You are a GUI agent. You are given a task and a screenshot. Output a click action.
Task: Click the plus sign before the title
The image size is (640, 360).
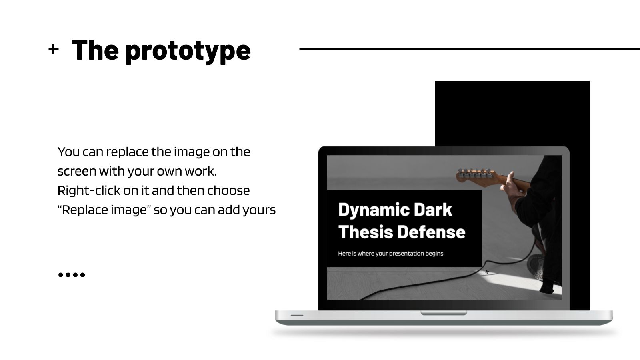coord(53,49)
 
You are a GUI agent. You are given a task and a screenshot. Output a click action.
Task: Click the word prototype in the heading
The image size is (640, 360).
coord(188,51)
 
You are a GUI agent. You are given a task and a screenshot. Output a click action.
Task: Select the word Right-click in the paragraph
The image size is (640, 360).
coord(88,190)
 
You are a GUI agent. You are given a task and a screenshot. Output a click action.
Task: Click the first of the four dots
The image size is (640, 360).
coord(61,275)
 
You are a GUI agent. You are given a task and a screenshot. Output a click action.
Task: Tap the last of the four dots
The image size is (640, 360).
coord(82,275)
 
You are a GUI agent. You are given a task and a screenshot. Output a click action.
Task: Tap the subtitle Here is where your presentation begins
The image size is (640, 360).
coord(390,253)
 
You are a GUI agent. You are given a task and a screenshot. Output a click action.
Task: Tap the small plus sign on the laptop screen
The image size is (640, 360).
coord(487,272)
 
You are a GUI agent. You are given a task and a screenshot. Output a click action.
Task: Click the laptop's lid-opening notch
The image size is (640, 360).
coord(444,313)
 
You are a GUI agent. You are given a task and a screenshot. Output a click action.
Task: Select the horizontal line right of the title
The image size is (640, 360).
coord(468,49)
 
